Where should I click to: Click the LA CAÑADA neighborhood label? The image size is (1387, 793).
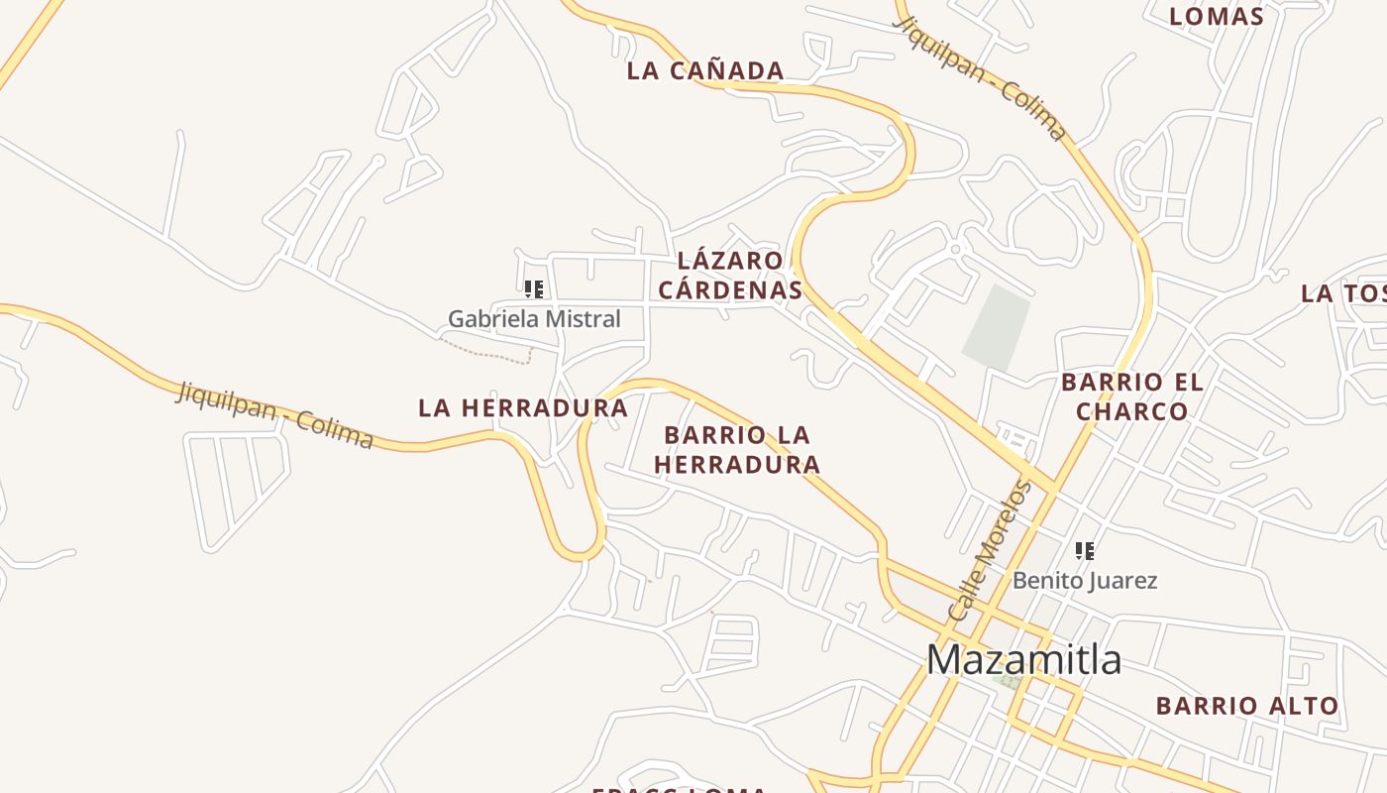click(x=705, y=71)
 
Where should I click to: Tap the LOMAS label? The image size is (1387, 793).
click(x=1217, y=16)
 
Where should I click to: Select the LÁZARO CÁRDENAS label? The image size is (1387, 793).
click(x=730, y=275)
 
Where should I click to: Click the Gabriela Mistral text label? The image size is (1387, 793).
click(x=534, y=319)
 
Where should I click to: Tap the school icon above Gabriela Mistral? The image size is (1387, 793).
click(x=534, y=289)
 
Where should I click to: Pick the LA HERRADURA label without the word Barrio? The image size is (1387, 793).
click(x=523, y=407)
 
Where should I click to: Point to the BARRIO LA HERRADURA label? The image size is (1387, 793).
click(x=737, y=449)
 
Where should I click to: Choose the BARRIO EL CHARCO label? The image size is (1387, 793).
click(x=1131, y=396)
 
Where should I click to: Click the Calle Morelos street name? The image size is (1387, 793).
click(x=990, y=550)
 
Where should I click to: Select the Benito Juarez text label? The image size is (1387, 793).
click(x=1084, y=580)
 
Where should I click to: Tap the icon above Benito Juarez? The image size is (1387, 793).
click(x=1085, y=550)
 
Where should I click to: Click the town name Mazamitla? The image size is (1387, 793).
click(x=1023, y=660)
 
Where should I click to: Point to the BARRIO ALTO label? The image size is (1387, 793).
click(x=1247, y=706)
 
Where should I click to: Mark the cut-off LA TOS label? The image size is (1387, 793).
click(x=1343, y=293)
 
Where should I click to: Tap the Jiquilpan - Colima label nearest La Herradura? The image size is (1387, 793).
click(x=274, y=414)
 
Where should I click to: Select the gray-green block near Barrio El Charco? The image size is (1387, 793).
click(x=997, y=327)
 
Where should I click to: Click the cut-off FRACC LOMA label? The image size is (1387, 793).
click(x=680, y=789)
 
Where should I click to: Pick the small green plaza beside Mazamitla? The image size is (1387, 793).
click(x=1010, y=682)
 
